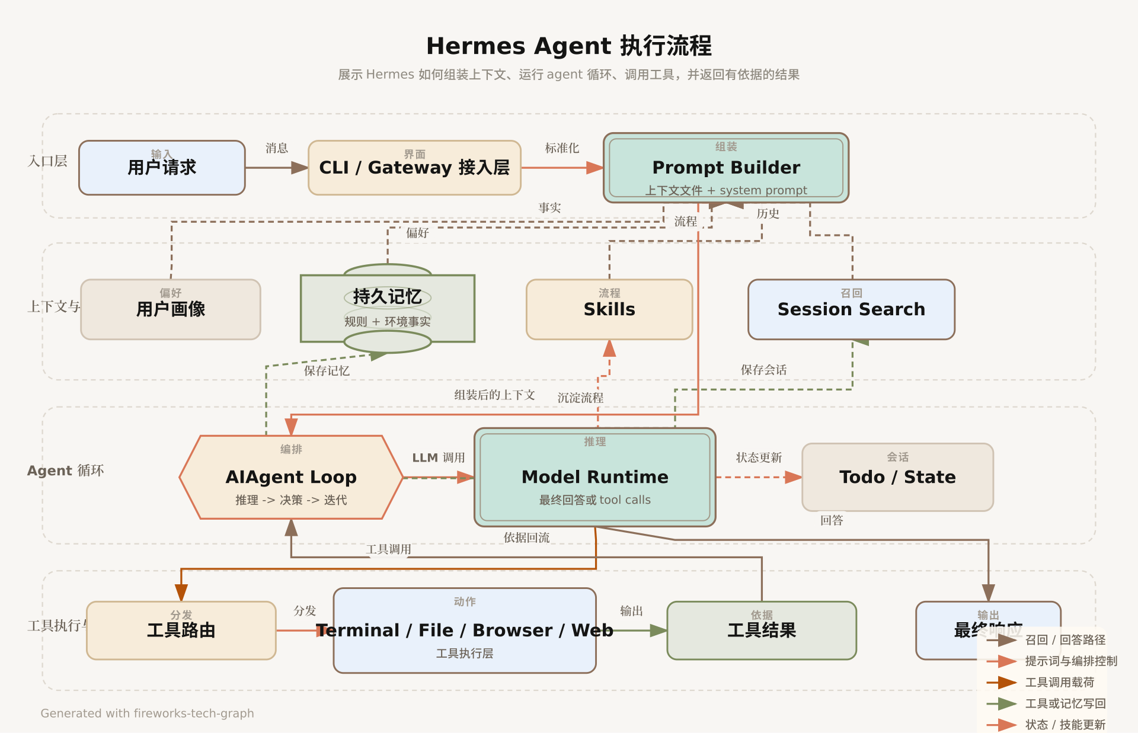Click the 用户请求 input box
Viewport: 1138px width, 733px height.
pos(162,168)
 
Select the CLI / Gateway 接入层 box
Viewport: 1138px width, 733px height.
pos(414,168)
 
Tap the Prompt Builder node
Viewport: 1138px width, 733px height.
pos(726,168)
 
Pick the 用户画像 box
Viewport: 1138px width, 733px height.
pos(171,309)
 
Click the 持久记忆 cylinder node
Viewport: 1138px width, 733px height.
pos(388,308)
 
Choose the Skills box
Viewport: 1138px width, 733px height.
pos(609,309)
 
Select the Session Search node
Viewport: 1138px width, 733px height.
pos(851,309)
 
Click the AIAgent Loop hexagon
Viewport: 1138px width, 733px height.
pos(291,477)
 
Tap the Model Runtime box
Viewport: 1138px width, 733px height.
pos(595,477)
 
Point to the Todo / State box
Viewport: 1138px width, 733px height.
pos(897,477)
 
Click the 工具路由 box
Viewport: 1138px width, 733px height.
pos(181,630)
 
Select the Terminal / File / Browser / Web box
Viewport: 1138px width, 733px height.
pos(465,630)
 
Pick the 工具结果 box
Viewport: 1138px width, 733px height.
pos(762,630)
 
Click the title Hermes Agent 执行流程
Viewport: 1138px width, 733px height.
pos(569,46)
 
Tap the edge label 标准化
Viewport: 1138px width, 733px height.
pos(562,148)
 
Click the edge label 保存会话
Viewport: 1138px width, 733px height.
pos(763,370)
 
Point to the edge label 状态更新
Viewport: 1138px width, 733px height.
pos(759,457)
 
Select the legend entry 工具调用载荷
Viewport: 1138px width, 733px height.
pos(1060,683)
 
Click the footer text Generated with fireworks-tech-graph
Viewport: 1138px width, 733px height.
pos(147,713)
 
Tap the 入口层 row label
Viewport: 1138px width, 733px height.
pos(47,161)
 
